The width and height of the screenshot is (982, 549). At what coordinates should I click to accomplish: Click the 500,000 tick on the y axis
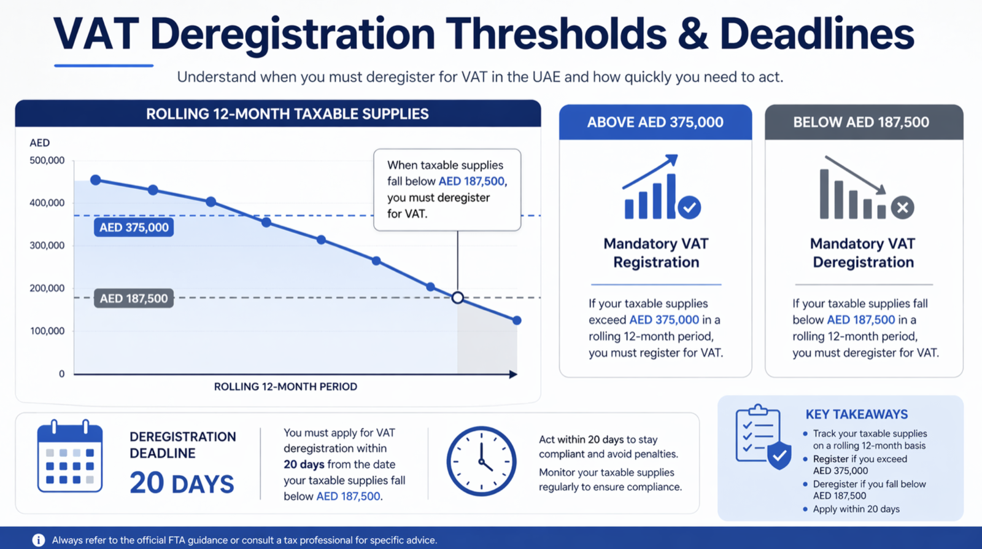click(47, 160)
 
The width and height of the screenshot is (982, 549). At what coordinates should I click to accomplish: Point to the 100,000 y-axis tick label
click(47, 331)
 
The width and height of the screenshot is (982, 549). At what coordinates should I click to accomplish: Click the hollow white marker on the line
click(458, 298)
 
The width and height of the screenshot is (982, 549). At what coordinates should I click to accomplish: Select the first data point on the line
click(96, 180)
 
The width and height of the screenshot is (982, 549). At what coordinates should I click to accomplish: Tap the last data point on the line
click(517, 321)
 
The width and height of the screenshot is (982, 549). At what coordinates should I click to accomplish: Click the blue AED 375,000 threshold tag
click(134, 228)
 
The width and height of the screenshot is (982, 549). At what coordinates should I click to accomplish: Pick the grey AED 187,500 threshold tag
click(134, 298)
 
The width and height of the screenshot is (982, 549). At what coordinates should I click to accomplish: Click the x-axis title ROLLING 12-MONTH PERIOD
click(285, 387)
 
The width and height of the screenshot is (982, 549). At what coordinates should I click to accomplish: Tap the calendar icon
click(70, 456)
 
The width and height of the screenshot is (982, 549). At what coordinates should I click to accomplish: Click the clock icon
click(481, 461)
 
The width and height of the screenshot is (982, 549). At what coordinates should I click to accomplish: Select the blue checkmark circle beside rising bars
click(689, 208)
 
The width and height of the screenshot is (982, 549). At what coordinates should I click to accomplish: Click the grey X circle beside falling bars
click(902, 208)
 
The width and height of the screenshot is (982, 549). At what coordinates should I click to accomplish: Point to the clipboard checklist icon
click(764, 437)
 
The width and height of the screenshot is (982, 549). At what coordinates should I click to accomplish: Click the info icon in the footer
click(39, 540)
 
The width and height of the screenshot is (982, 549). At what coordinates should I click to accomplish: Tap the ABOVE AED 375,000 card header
click(655, 122)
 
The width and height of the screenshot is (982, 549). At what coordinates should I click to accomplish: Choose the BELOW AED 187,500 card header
click(864, 122)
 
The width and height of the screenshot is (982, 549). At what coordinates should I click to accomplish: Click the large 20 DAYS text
click(182, 483)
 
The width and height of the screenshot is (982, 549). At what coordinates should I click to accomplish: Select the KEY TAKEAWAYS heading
click(857, 415)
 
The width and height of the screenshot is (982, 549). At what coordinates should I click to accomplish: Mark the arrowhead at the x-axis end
click(513, 374)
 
